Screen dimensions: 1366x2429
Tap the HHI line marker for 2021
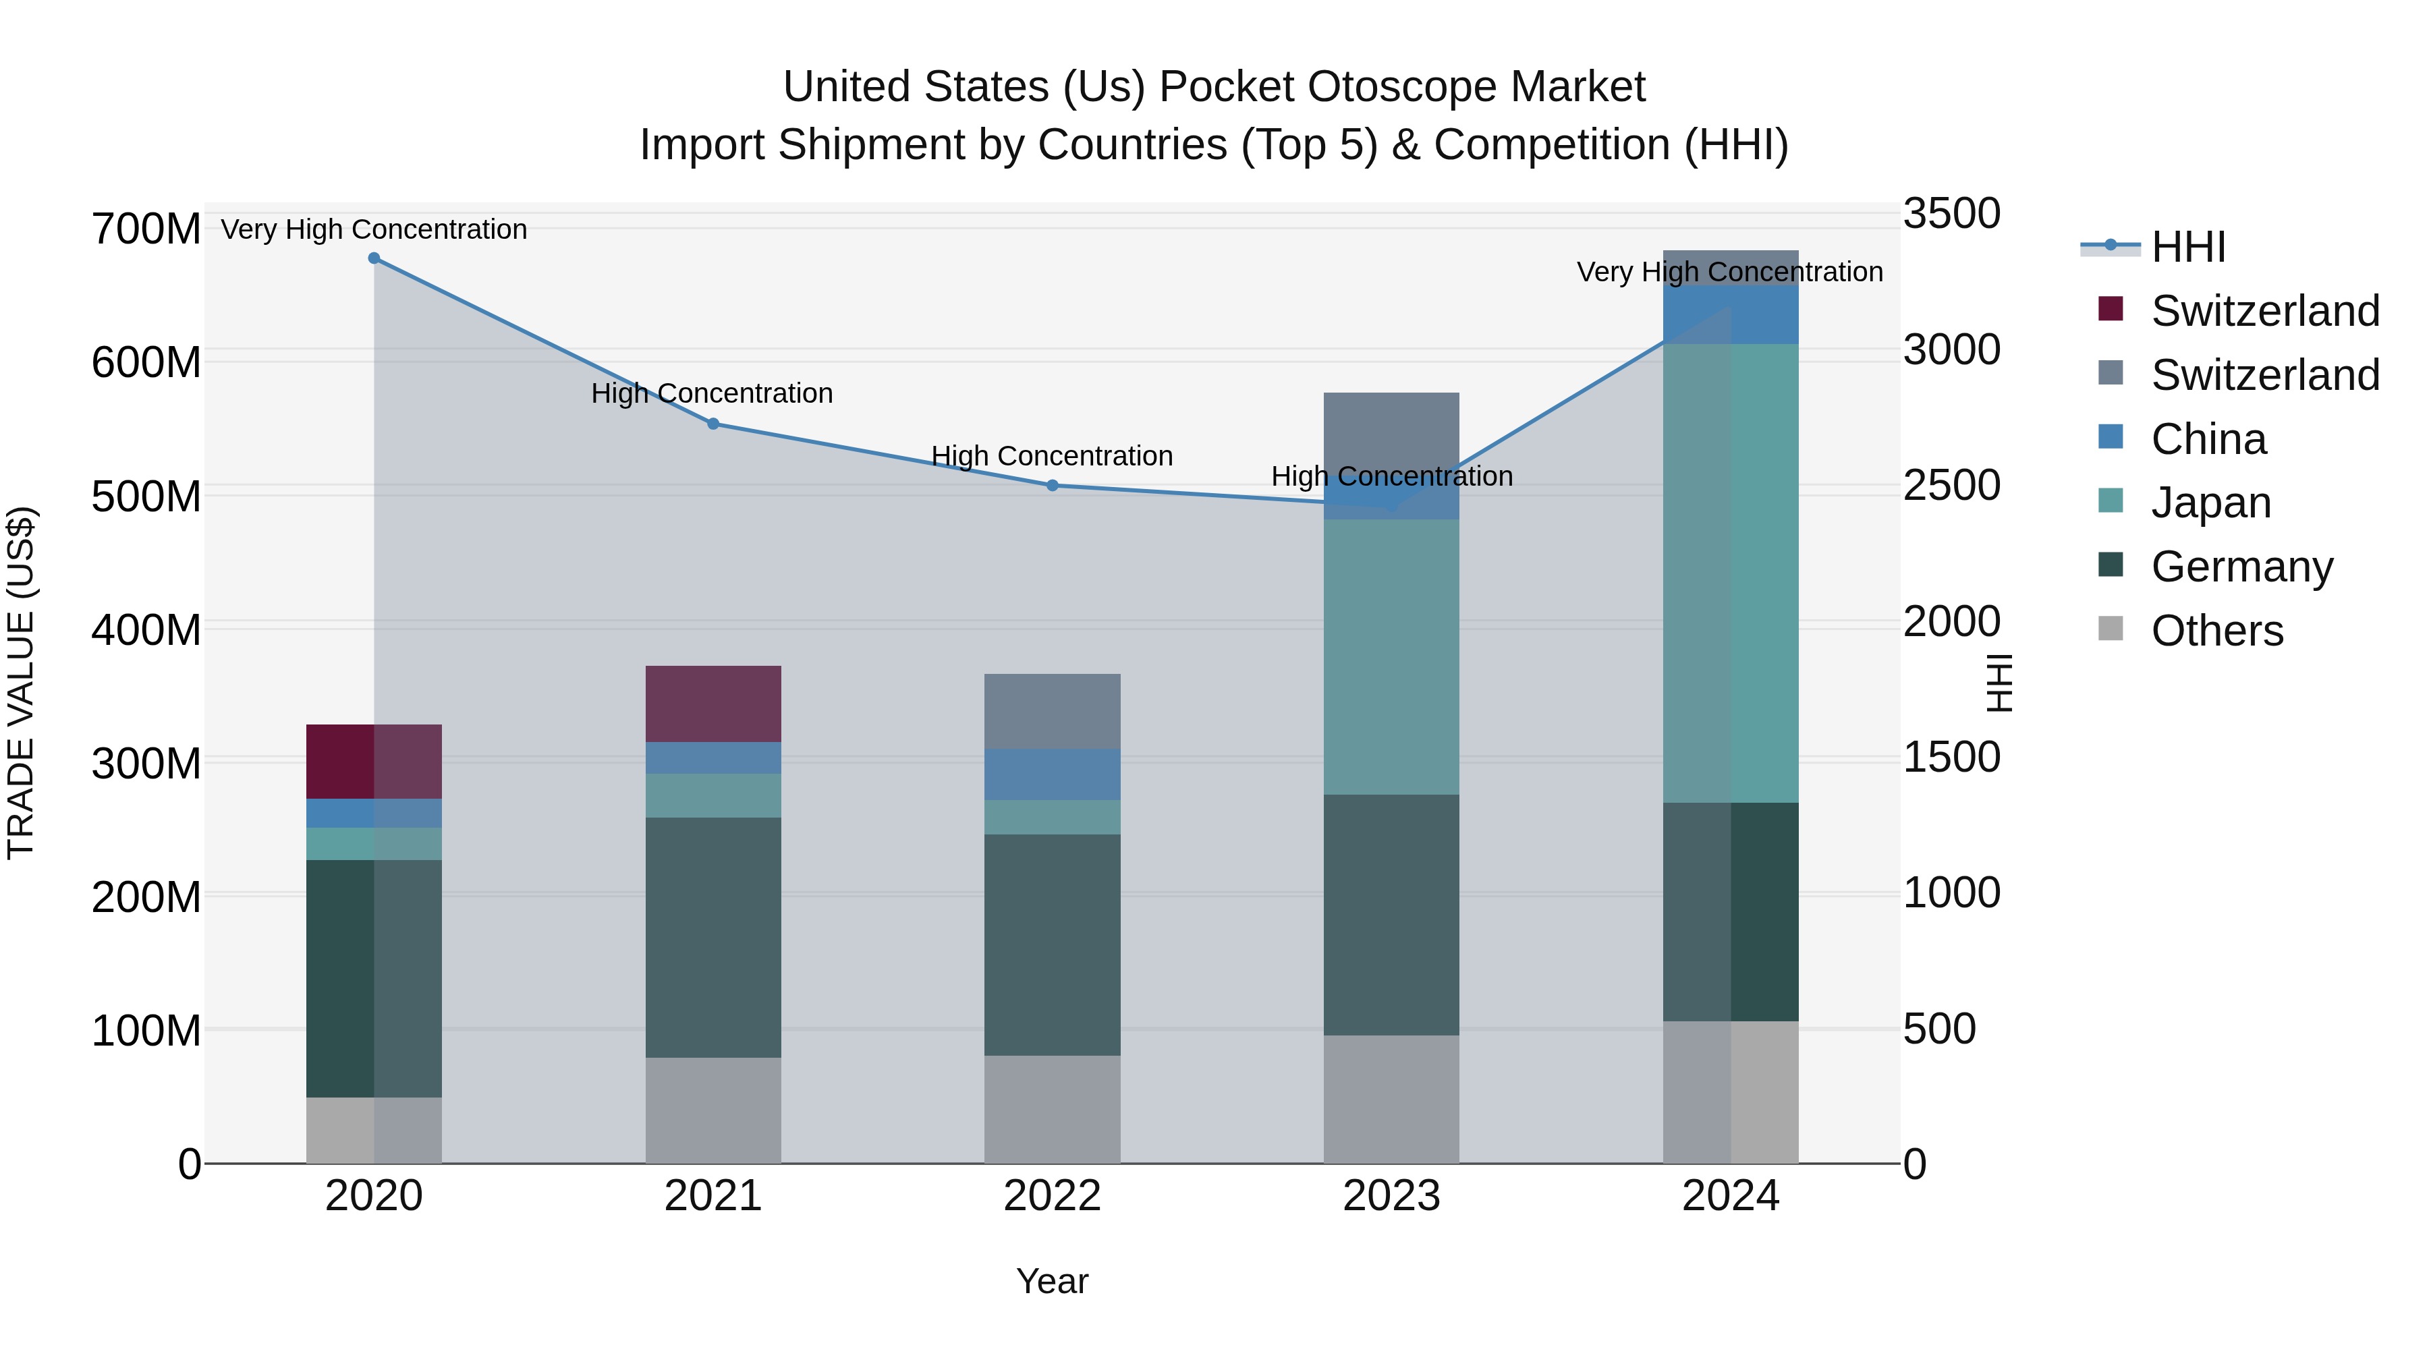pos(713,423)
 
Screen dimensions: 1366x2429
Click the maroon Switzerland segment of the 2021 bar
pos(713,704)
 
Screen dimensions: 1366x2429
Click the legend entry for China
pos(2208,439)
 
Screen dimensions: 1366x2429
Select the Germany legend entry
pos(2241,567)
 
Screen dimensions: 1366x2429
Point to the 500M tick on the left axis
pos(146,496)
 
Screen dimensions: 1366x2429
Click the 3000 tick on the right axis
pos(1951,349)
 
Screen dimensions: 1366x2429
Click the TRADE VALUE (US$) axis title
pos(21,683)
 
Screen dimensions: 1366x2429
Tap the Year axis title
pos(1053,1281)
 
